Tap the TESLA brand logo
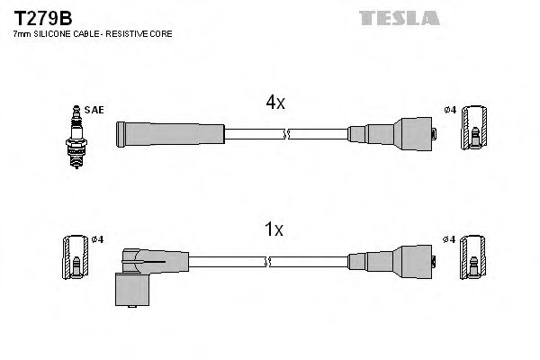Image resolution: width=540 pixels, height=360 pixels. (399, 17)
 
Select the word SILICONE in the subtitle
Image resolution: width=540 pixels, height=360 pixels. (56, 33)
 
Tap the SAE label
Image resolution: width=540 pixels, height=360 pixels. (96, 110)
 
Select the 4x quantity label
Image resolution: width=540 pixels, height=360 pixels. (275, 103)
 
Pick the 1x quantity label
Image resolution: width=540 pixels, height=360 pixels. (275, 229)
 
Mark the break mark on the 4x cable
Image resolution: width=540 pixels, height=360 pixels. (285, 135)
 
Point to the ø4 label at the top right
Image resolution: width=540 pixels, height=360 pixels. (451, 110)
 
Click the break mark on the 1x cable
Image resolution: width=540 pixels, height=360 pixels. (269, 262)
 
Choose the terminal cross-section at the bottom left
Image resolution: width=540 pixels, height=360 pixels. (75, 257)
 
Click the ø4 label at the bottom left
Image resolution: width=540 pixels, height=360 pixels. (98, 238)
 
